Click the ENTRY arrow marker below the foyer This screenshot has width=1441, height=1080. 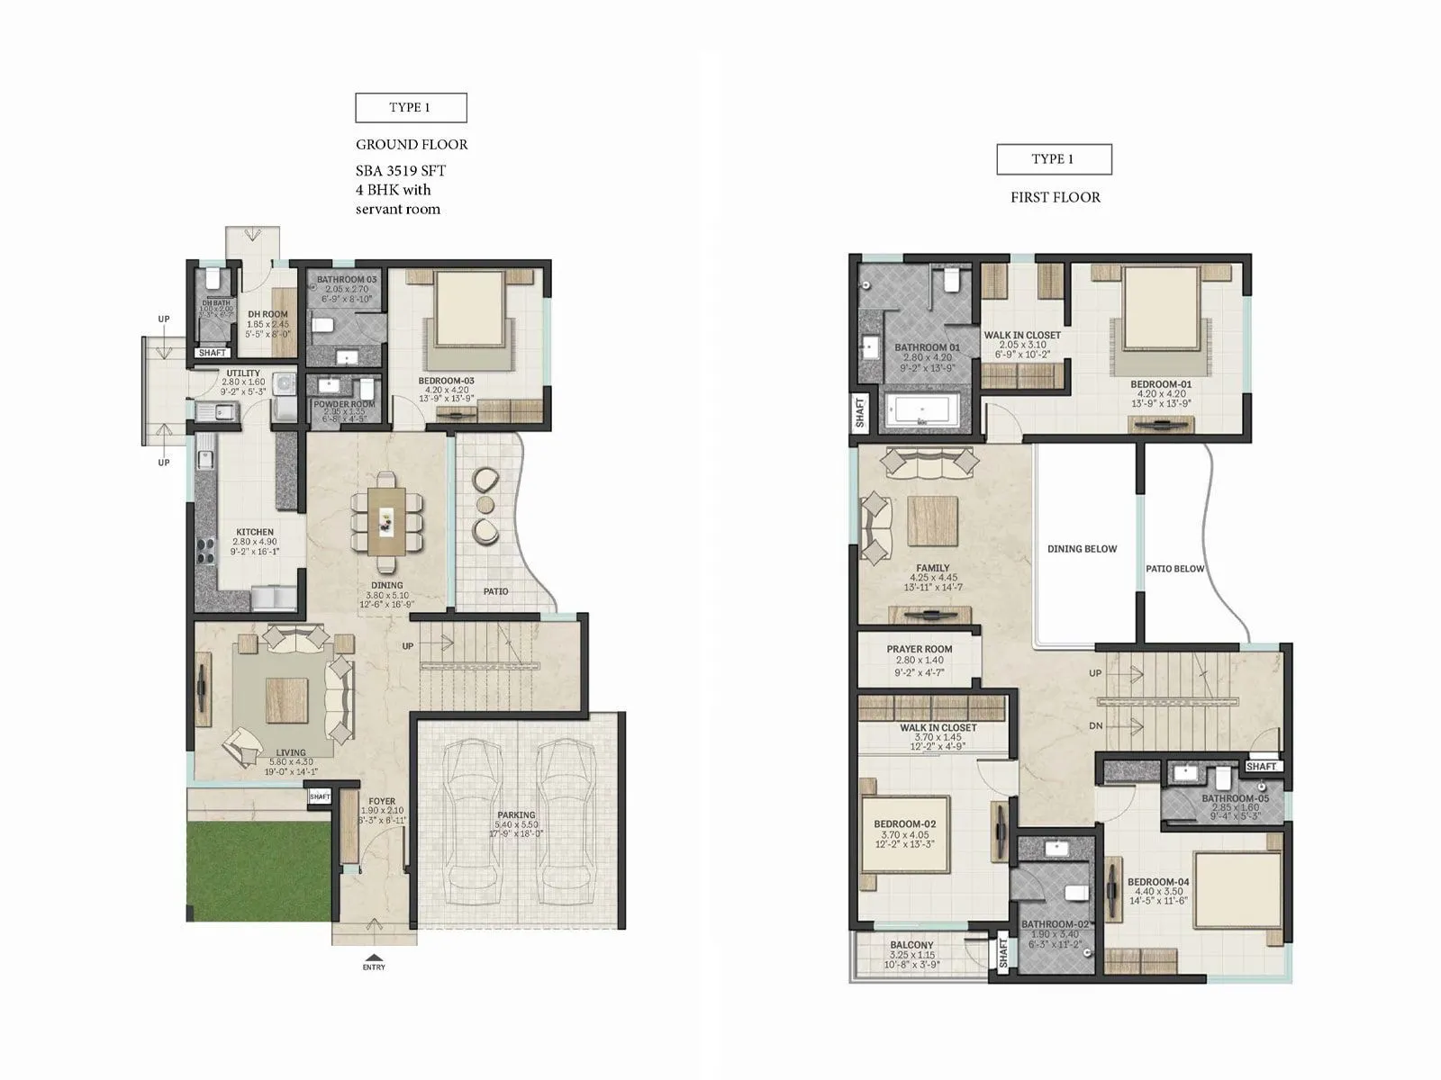tap(374, 958)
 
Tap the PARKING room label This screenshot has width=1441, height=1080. tap(516, 815)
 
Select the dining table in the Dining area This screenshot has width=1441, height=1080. tap(386, 521)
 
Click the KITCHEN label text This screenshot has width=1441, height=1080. tap(255, 532)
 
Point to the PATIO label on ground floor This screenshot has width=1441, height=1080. tap(495, 591)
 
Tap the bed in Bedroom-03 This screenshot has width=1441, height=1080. tap(469, 308)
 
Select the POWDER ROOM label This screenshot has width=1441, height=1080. tap(344, 405)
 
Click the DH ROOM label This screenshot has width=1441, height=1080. tap(267, 315)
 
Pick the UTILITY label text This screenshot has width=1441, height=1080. tap(243, 373)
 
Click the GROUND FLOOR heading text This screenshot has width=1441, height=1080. tap(412, 144)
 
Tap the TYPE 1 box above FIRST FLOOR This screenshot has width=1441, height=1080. tap(1053, 159)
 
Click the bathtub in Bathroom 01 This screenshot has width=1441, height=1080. tap(920, 409)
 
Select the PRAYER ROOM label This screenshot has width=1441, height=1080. tap(919, 649)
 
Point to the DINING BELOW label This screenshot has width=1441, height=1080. tap(1082, 549)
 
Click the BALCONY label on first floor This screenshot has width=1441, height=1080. tap(911, 945)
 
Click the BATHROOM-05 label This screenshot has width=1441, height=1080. tap(1235, 798)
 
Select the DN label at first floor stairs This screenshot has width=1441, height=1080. tap(1095, 725)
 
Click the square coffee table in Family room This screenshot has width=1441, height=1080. tap(932, 521)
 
